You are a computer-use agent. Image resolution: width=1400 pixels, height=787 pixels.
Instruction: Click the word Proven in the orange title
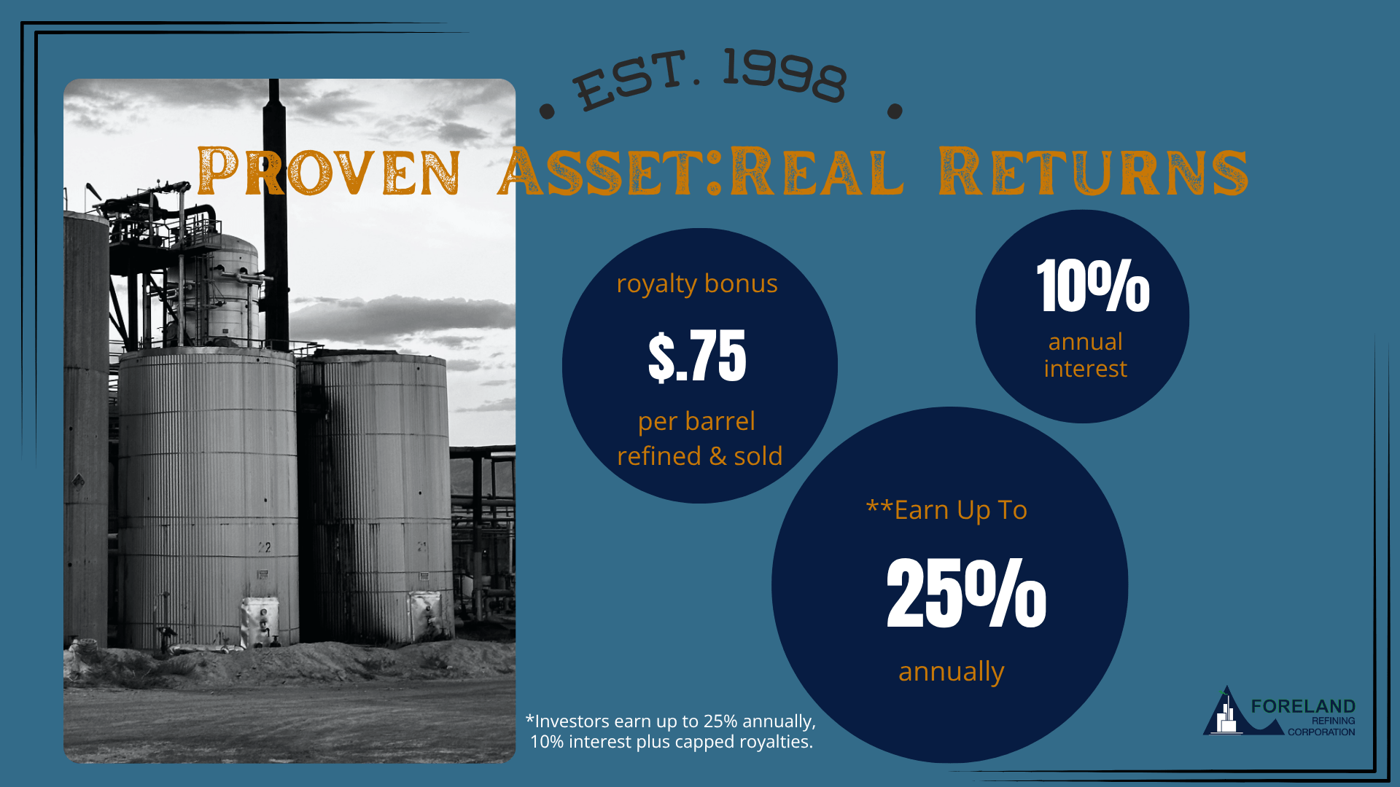click(329, 171)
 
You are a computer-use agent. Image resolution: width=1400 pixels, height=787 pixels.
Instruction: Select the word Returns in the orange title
click(1093, 171)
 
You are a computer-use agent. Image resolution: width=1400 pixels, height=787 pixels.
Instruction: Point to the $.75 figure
click(697, 356)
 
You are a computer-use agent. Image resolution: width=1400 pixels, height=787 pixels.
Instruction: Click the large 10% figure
click(1093, 286)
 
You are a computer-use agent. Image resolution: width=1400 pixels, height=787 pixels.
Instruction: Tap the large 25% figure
click(966, 592)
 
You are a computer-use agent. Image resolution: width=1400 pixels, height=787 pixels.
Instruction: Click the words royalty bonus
click(697, 284)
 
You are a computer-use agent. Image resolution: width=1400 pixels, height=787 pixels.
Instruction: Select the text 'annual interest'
click(1086, 355)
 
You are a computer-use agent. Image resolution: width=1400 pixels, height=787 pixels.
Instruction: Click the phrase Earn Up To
click(960, 510)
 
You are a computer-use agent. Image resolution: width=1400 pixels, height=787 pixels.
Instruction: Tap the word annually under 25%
click(952, 672)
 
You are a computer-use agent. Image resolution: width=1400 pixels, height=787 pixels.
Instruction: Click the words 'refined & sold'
click(700, 456)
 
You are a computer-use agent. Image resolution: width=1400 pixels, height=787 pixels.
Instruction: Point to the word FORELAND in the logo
click(1303, 706)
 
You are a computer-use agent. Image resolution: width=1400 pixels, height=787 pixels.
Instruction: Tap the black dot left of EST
click(547, 111)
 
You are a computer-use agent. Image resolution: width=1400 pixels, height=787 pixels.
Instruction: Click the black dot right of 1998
click(895, 111)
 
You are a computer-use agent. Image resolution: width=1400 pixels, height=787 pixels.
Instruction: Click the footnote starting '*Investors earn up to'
click(671, 732)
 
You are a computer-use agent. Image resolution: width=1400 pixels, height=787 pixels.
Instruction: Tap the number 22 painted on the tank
click(264, 547)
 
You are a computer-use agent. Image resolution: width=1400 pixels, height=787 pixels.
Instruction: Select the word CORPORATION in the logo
click(1321, 732)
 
